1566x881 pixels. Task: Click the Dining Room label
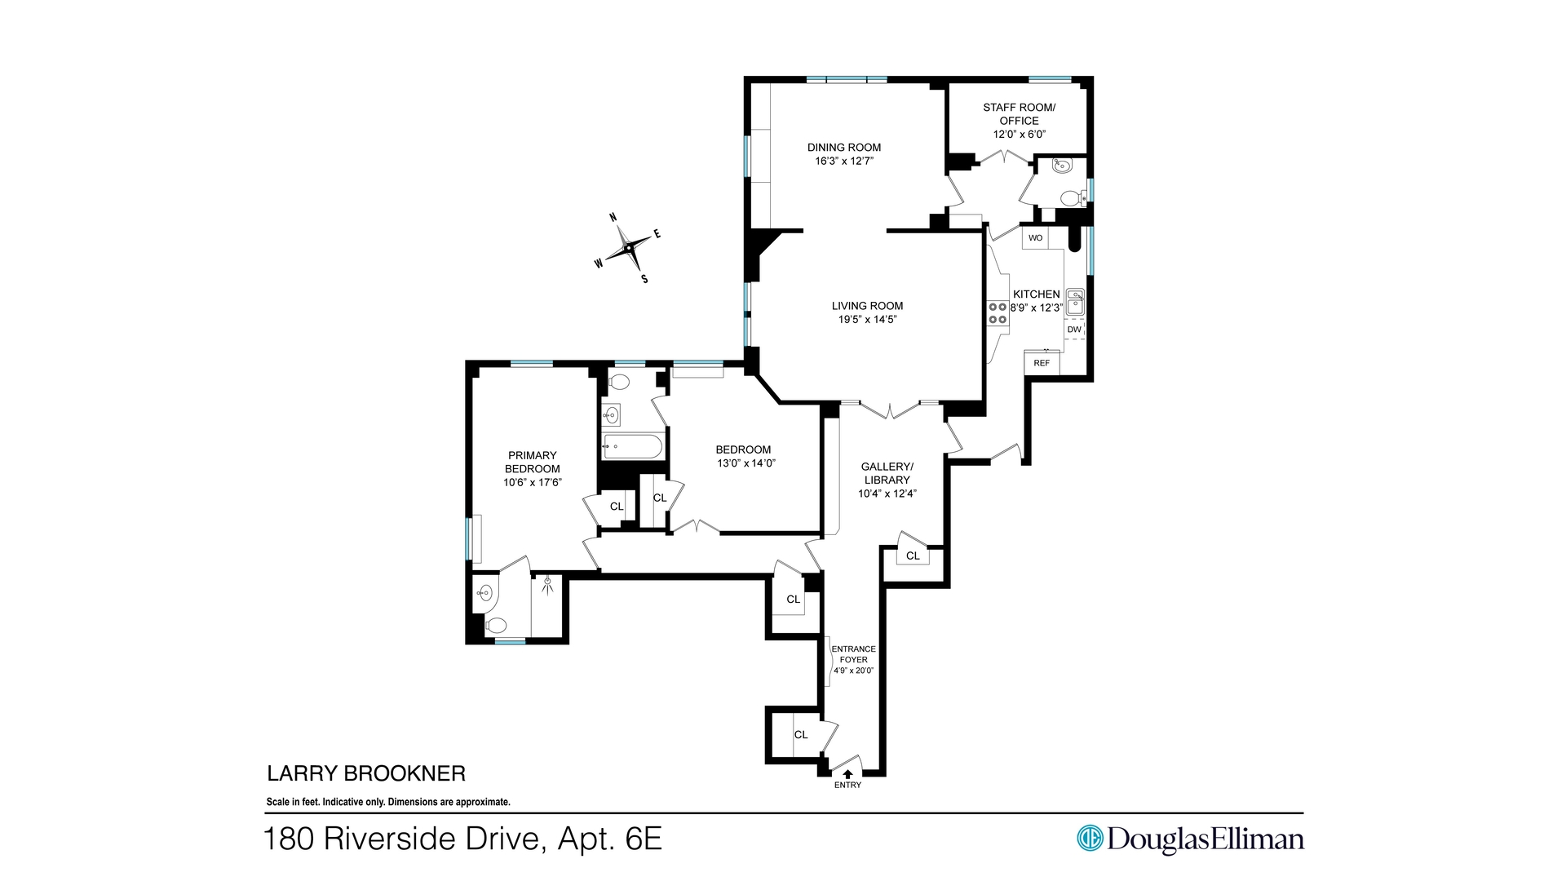[844, 148]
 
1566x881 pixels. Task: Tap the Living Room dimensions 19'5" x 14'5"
[867, 320]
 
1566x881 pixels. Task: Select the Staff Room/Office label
[1019, 114]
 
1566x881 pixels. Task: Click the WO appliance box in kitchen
[1035, 238]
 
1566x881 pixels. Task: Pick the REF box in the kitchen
[1042, 363]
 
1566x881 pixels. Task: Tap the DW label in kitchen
[1074, 330]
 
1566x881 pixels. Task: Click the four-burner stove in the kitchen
[998, 313]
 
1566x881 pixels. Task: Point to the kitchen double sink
[1075, 302]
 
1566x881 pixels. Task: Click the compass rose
[628, 247]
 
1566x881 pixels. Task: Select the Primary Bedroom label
[533, 462]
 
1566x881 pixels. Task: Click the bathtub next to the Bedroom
[632, 446]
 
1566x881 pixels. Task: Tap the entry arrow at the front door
[847, 773]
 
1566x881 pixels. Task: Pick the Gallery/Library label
[887, 473]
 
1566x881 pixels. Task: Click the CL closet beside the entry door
[801, 735]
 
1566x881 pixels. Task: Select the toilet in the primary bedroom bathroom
[495, 626]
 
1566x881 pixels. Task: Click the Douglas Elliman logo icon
[1090, 838]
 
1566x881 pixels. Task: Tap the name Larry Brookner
[366, 773]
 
